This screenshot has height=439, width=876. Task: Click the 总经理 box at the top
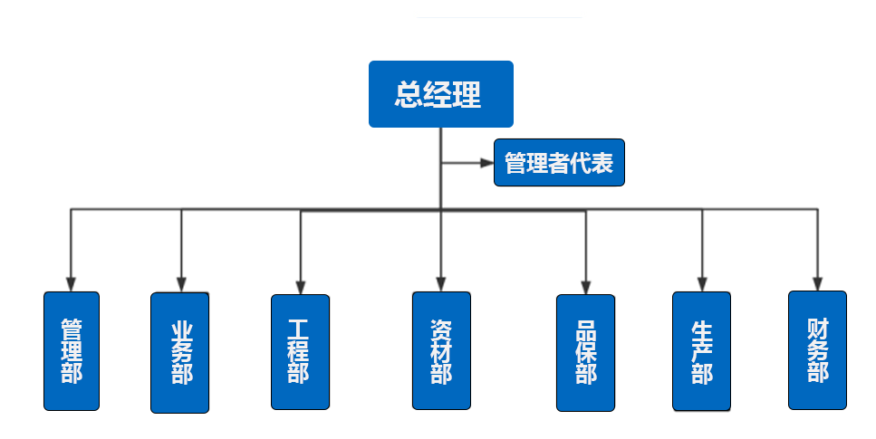point(440,94)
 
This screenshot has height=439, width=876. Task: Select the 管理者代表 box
point(559,163)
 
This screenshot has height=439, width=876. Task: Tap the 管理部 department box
point(72,350)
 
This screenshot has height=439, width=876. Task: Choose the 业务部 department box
point(180,352)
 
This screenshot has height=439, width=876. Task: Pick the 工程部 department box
point(300,351)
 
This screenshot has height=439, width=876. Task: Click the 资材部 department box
point(441,350)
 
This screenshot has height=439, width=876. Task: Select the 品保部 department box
point(585,352)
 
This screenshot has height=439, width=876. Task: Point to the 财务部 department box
point(817,349)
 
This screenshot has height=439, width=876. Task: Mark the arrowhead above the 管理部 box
point(72,283)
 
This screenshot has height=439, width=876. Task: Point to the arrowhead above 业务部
point(181,283)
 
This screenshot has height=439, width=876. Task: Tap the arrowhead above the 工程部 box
point(300,285)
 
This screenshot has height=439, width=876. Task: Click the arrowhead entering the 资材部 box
point(441,283)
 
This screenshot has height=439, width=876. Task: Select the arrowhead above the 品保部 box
point(585,286)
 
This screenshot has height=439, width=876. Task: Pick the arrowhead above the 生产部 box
point(701,283)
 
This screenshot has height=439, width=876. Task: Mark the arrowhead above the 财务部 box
point(817,282)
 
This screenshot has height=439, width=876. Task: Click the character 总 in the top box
point(409,94)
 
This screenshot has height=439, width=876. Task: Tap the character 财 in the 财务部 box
point(817,328)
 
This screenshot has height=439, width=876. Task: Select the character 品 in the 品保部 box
point(585,330)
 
